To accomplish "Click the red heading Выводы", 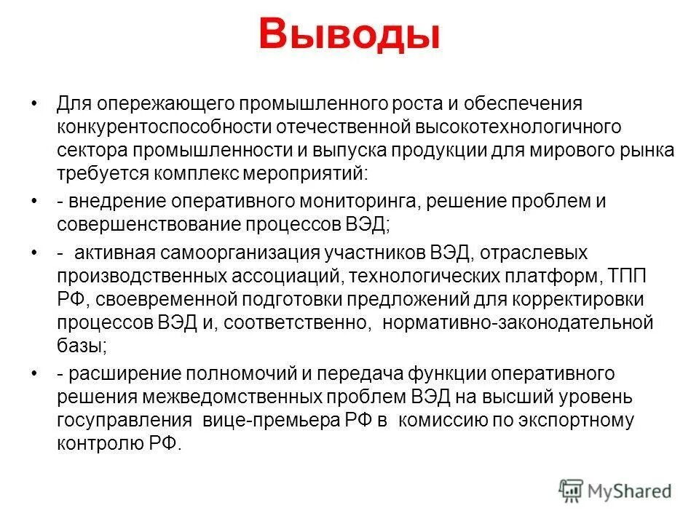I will tap(349, 35).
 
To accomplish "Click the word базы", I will tap(82, 345).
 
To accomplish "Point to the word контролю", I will tap(94, 444).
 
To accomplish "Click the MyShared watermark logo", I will tap(615, 491).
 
